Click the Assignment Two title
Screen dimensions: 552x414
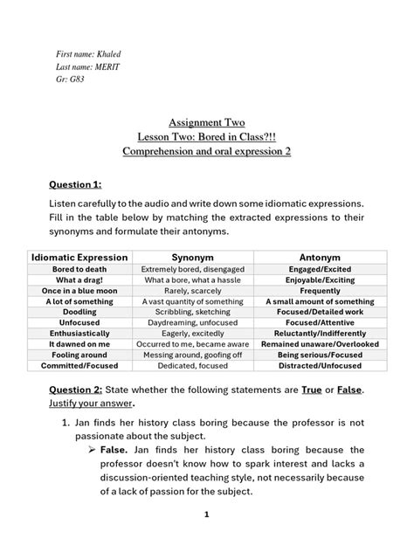click(x=206, y=123)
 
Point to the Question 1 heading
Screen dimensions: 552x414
click(x=75, y=183)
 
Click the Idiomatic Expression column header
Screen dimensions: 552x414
click(x=79, y=257)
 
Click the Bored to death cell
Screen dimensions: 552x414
click(x=79, y=269)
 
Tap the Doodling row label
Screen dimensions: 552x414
click(x=79, y=312)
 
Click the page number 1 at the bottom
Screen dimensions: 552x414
click(x=207, y=515)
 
